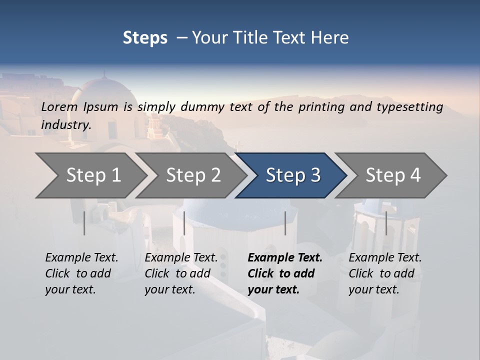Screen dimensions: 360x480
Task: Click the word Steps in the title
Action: coord(145,37)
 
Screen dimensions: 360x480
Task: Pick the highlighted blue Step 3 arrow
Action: coord(292,175)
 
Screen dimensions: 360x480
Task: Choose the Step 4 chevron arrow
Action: coord(392,175)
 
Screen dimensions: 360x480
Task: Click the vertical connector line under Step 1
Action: coord(84,223)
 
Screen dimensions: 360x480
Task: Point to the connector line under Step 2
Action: coord(184,223)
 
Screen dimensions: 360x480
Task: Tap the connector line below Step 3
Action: coord(285,223)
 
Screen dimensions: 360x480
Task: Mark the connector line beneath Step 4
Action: coord(386,223)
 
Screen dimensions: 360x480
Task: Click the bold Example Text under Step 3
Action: coord(284,273)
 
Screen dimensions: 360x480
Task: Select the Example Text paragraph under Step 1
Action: coord(81,273)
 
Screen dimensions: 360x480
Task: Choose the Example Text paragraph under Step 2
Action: coord(180,273)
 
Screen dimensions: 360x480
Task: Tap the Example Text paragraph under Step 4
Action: coord(384,273)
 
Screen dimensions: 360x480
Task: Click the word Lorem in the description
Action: coord(59,106)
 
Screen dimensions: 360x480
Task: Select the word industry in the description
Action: coord(65,124)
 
